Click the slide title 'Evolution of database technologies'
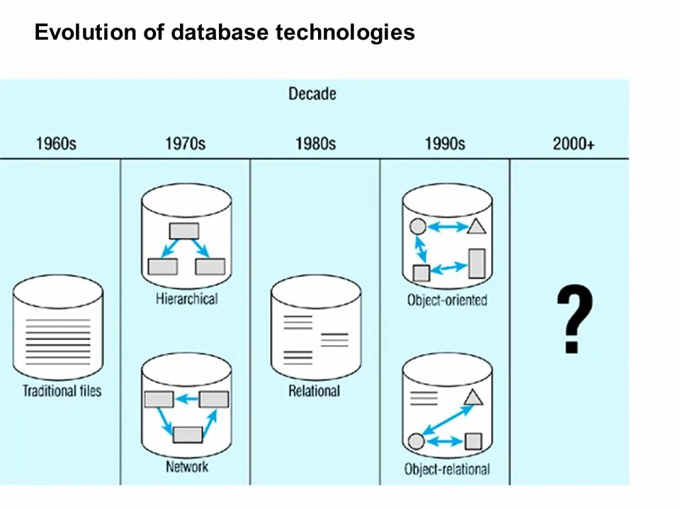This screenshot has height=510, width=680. tap(225, 33)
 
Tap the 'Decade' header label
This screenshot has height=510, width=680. tap(312, 93)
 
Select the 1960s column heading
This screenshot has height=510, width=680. tap(56, 144)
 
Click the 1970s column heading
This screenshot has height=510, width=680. tap(186, 144)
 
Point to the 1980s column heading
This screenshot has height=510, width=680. tap(315, 144)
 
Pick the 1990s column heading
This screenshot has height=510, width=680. tap(445, 144)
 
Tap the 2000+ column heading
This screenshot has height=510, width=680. tap(574, 144)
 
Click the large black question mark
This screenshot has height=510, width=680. tap(574, 320)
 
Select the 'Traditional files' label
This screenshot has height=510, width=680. tap(62, 391)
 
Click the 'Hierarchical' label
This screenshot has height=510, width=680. tap(186, 299)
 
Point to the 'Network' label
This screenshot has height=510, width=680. tap(187, 466)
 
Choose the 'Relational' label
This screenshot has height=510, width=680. tap(314, 391)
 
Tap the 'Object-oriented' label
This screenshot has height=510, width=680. tap(447, 300)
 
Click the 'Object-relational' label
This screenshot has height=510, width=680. tap(447, 469)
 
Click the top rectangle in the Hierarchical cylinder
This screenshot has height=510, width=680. tap(184, 231)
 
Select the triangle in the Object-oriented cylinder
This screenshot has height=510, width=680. tap(477, 227)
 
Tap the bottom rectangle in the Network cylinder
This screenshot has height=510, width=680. tap(188, 434)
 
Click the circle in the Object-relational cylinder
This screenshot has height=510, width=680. tap(416, 441)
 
